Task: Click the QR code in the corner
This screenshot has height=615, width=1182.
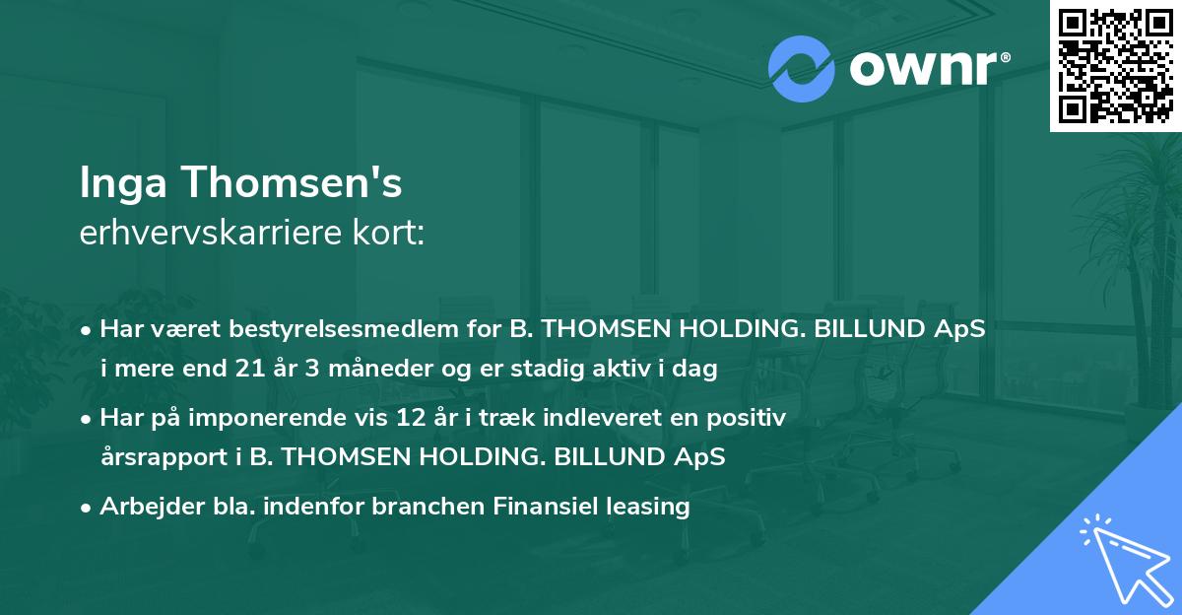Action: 1115,65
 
